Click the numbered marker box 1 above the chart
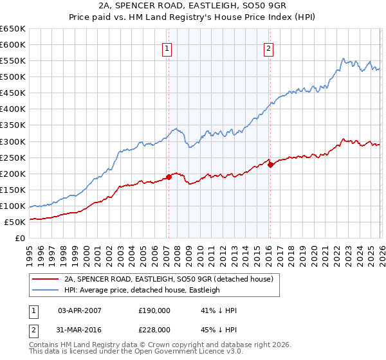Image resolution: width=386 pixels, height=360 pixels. (x=167, y=48)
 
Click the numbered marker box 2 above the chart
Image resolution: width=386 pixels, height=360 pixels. (x=268, y=48)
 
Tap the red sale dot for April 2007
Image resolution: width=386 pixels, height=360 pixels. (x=169, y=177)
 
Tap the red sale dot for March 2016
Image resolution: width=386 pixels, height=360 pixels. (x=270, y=165)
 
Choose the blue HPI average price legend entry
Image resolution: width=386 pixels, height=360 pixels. (x=142, y=290)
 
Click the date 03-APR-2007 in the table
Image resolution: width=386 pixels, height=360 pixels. (x=80, y=310)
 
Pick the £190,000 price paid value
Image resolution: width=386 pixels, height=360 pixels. (x=154, y=310)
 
